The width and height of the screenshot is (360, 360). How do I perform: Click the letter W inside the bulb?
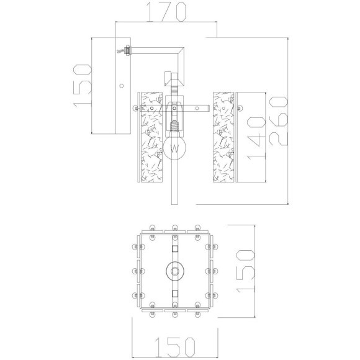(x=176, y=149)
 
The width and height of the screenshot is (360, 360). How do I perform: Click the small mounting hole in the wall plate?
(x=122, y=86)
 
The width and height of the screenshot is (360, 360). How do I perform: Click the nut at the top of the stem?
(x=174, y=79)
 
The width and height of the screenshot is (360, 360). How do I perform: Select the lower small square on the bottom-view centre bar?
(x=175, y=292)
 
